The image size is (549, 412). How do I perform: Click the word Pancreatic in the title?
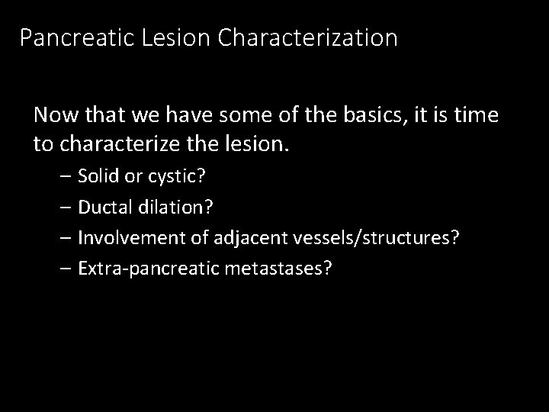[78, 37]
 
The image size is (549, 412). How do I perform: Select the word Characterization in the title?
[307, 37]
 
